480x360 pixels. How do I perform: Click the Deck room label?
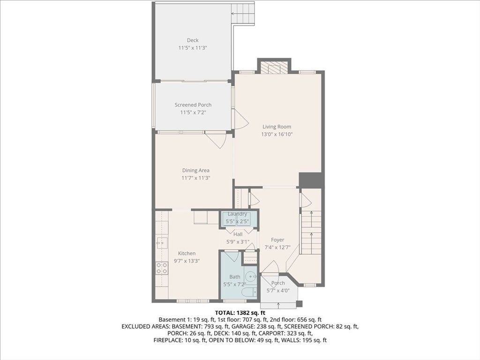pos(193,40)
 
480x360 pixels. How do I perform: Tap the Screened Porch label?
pos(193,105)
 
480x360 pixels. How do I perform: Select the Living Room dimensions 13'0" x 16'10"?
pos(277,134)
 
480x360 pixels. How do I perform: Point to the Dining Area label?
pos(195,170)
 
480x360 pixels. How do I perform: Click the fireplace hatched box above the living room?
pos(274,67)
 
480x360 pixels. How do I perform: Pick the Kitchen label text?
pos(187,253)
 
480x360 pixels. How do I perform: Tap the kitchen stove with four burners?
pos(162,269)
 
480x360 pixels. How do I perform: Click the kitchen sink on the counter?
pos(162,244)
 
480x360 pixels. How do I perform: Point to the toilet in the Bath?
pos(249,292)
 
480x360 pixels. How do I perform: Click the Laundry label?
pos(237,214)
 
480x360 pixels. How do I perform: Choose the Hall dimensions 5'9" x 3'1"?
pos(238,241)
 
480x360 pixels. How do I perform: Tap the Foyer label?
pos(277,240)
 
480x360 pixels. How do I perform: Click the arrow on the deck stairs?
pos(236,14)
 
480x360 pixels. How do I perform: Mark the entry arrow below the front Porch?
pos(278,305)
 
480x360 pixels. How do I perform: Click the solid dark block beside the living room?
pos(311,180)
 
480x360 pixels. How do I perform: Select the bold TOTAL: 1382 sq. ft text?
pos(240,313)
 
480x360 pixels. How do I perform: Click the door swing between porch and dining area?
pos(217,140)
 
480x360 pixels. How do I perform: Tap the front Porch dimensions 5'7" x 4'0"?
pos(278,291)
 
